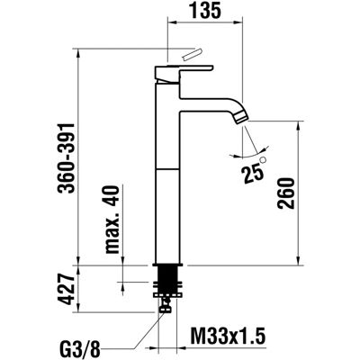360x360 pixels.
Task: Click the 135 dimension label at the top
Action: point(206,11)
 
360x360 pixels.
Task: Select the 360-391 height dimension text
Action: point(66,158)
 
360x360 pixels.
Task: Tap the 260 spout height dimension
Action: point(286,193)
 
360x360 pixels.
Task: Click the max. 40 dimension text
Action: point(112,220)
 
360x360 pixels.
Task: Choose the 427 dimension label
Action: point(66,289)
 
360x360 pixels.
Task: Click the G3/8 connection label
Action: point(78,350)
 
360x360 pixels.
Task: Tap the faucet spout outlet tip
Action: point(242,119)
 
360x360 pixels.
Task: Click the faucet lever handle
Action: point(184,73)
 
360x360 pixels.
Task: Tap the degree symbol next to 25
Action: point(264,160)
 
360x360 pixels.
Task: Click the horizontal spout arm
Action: point(210,104)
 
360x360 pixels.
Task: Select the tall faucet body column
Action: point(167,174)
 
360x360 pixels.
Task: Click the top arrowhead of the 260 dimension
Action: point(299,126)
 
